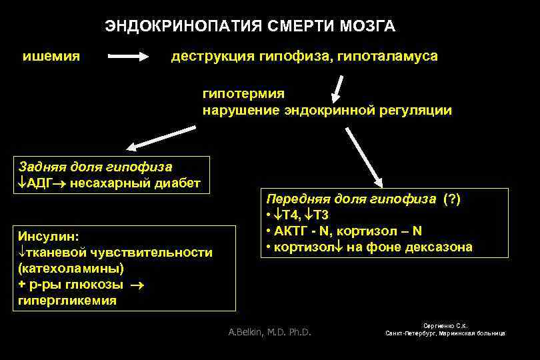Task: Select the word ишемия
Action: [52, 56]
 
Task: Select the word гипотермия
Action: [243, 94]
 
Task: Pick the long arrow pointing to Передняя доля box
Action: [363, 154]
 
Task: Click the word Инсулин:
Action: [48, 236]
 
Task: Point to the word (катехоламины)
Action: [71, 268]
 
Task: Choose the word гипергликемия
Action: [67, 300]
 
